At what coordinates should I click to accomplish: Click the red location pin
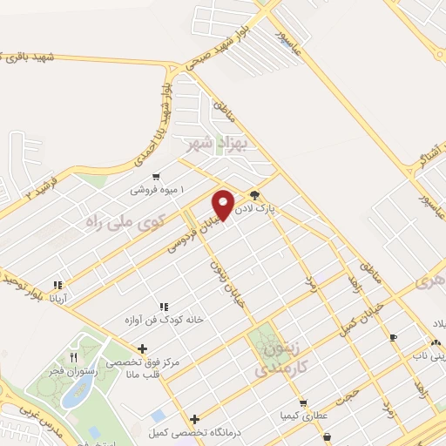click(224, 205)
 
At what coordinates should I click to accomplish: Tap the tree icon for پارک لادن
click(254, 195)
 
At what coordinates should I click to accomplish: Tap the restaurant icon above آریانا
click(57, 284)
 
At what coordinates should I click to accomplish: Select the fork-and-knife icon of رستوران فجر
click(74, 357)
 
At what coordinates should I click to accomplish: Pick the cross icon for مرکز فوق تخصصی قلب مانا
click(143, 348)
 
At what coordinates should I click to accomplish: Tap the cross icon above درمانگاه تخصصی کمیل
click(194, 420)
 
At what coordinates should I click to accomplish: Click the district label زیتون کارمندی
click(277, 359)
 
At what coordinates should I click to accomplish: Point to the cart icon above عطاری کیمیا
click(302, 403)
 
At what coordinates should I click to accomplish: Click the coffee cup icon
click(393, 336)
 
